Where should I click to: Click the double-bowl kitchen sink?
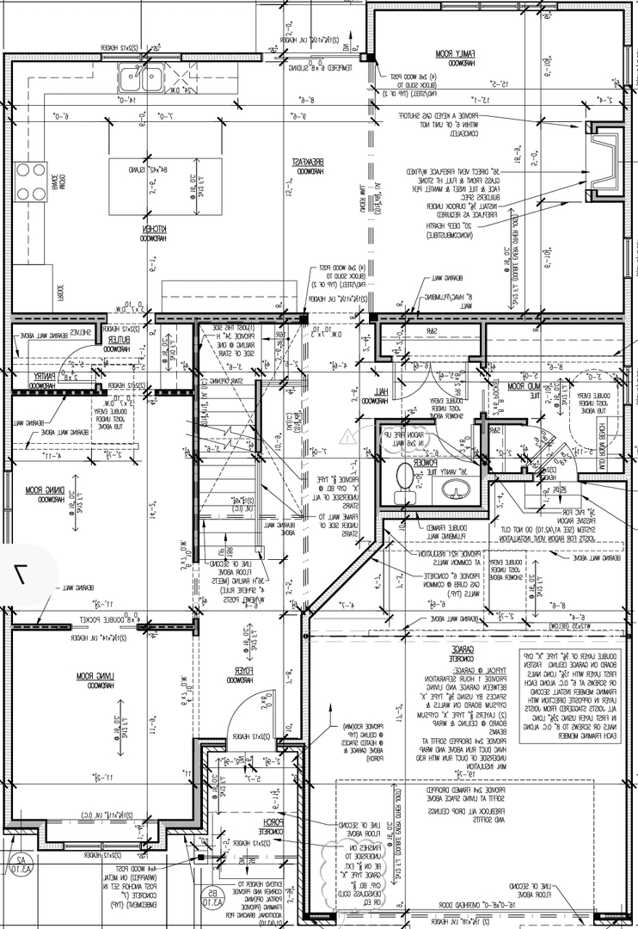140,80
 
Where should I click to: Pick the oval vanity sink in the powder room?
456,489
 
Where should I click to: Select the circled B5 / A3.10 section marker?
210,896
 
